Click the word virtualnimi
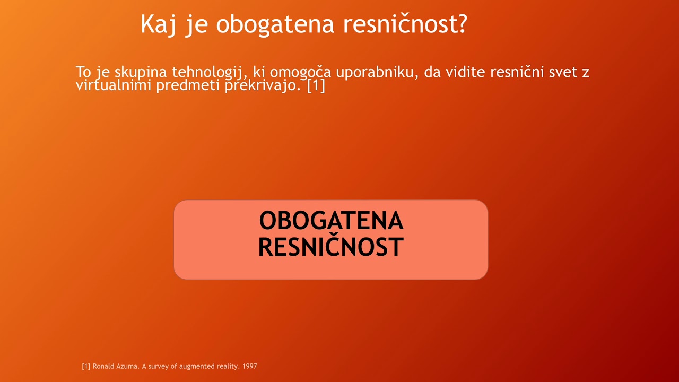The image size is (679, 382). [x=114, y=85]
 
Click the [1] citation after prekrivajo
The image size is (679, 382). [x=316, y=85]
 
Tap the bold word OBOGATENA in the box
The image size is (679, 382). [x=331, y=221]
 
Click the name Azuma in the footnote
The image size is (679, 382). [x=127, y=366]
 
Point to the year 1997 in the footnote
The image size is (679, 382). [x=249, y=366]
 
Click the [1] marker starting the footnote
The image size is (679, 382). [x=86, y=366]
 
